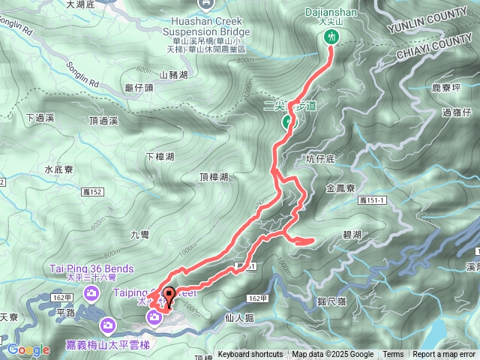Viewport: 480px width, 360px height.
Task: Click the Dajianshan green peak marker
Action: coord(331,36)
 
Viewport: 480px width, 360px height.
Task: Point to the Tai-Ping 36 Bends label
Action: coord(91,268)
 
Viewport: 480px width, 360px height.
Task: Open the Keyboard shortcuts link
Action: coord(250,355)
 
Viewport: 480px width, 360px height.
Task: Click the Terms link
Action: coord(393,355)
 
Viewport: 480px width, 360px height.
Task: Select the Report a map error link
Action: coord(445,355)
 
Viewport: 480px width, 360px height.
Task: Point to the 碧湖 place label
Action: coord(352,235)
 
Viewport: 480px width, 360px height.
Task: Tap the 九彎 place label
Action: coord(140,235)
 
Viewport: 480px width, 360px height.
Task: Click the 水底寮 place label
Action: coord(58,169)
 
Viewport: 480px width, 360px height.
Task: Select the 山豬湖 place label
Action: coord(173,75)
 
